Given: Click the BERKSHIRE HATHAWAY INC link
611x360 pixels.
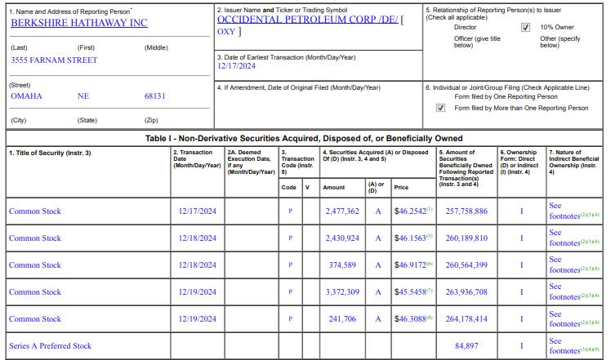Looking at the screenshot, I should pos(79,23).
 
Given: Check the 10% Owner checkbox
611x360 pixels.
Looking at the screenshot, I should pos(525,27).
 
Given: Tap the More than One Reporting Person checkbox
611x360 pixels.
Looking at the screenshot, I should pos(441,108).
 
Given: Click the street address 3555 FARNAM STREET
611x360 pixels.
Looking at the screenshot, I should pos(54,60).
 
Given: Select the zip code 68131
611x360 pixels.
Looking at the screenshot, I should pos(154,96).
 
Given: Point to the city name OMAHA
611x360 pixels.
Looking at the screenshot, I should pos(26,96).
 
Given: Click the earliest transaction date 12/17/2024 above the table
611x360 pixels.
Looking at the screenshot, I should pos(237,67).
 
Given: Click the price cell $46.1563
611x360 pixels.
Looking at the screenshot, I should pos(413,238).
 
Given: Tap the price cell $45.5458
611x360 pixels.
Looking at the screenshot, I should pos(413,292).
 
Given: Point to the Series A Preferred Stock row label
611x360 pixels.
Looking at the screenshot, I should pos(50,346).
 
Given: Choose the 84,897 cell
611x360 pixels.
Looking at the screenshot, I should pos(466,346).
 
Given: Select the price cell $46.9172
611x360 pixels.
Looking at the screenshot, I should pos(413,265).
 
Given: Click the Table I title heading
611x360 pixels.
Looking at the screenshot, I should pos(304,138).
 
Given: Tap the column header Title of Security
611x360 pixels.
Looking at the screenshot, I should pos(50,153).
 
